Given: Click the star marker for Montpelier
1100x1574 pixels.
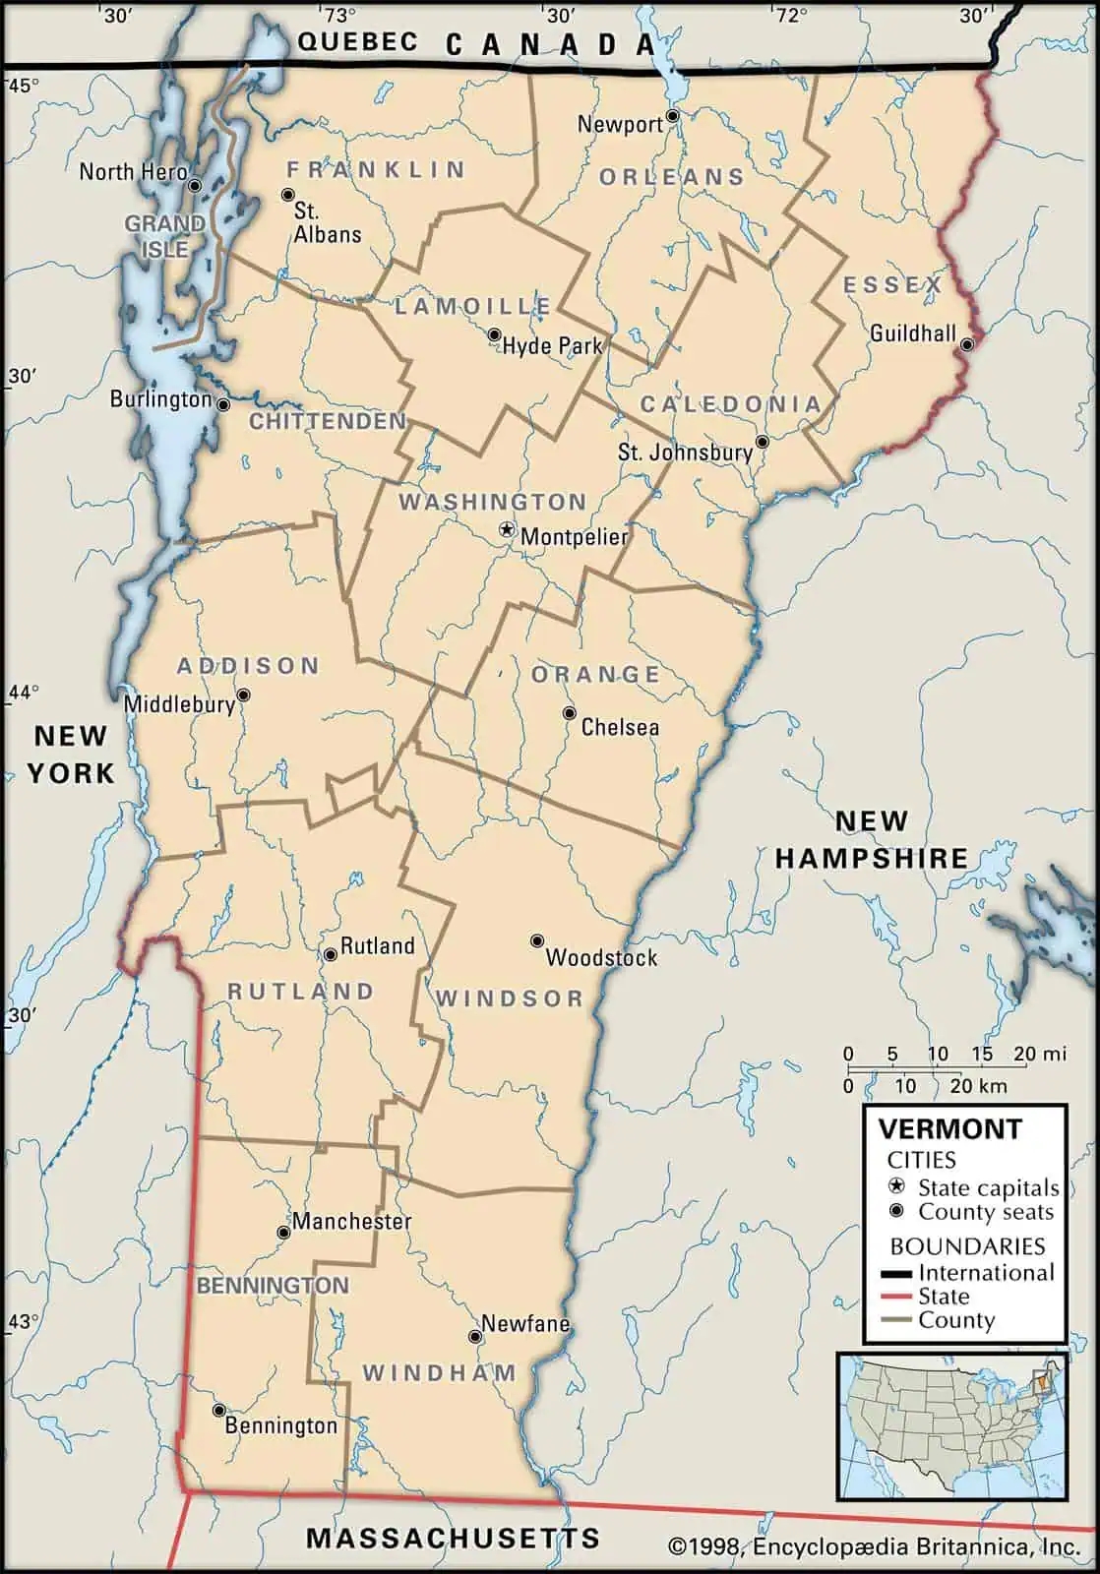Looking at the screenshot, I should click(x=507, y=530).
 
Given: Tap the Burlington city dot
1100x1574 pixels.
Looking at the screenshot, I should click(x=223, y=404).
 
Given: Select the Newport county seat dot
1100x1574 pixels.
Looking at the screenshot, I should click(x=672, y=116).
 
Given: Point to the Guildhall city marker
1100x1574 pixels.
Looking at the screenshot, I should click(x=967, y=344).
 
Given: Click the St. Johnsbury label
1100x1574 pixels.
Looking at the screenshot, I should click(x=684, y=453).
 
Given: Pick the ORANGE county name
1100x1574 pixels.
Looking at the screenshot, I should click(x=595, y=675).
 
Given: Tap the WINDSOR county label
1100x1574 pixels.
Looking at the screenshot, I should click(x=510, y=999).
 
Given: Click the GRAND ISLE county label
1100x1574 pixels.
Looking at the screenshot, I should click(x=164, y=236).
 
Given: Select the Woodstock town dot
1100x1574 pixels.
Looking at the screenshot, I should click(x=537, y=941).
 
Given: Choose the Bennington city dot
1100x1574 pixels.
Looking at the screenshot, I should click(x=219, y=1410).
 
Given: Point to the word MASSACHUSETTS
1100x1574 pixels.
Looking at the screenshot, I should click(x=453, y=1538).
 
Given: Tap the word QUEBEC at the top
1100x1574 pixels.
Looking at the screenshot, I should click(x=357, y=41).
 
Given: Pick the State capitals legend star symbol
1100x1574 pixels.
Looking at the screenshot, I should click(x=896, y=1186).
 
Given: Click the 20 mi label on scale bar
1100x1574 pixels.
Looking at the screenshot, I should click(x=1039, y=1054).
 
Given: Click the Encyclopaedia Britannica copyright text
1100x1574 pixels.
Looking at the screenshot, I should click(x=874, y=1546).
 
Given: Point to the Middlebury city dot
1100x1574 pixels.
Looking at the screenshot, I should click(x=243, y=696).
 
